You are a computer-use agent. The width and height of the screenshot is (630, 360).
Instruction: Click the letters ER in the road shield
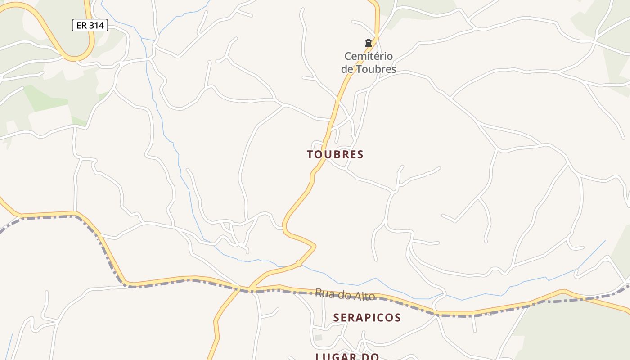(81, 26)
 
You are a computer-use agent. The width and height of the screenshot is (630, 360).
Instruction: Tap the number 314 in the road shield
(96, 26)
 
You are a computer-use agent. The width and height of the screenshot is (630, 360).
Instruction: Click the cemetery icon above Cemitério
(369, 43)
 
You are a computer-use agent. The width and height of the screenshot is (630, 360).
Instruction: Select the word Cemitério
(369, 56)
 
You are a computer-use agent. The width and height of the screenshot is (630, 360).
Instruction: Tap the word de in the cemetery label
(347, 69)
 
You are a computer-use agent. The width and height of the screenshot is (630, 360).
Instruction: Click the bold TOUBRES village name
(335, 154)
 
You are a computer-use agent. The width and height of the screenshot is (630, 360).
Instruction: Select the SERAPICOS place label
(367, 318)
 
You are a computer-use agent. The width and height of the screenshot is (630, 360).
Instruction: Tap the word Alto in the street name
(365, 296)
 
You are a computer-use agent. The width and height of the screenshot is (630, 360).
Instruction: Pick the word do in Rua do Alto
(344, 295)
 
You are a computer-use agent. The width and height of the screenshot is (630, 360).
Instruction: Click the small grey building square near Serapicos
(319, 337)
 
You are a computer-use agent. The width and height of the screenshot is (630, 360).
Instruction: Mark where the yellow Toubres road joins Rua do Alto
(249, 288)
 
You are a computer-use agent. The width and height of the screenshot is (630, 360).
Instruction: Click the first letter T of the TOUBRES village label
(310, 154)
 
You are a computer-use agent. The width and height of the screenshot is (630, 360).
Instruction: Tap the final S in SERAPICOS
(398, 318)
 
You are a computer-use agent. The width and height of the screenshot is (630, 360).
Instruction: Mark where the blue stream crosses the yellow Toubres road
(297, 264)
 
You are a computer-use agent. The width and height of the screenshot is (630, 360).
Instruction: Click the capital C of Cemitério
(348, 56)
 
